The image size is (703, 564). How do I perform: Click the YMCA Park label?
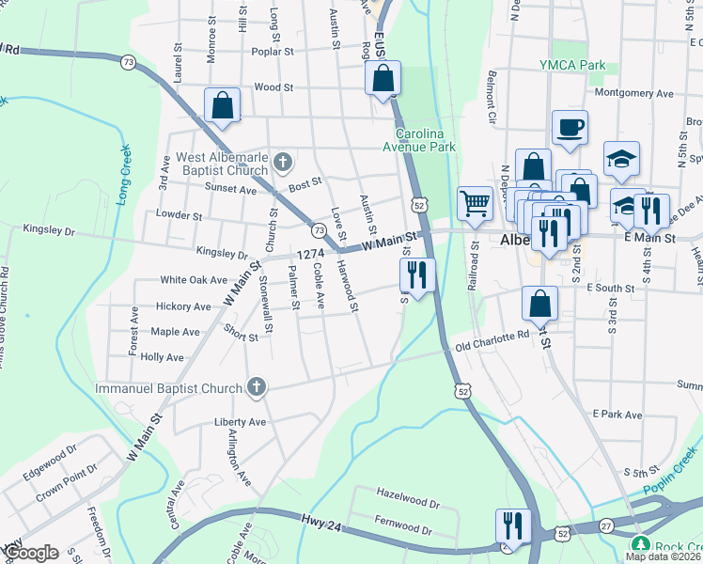[573, 65]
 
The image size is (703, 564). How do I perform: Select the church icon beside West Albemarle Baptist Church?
[281, 164]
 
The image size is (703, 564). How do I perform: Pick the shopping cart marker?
[476, 202]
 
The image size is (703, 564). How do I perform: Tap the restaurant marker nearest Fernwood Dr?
[512, 524]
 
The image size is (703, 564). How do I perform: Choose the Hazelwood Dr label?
[407, 492]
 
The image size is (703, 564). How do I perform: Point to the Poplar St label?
[268, 52]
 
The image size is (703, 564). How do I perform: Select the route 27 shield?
[606, 527]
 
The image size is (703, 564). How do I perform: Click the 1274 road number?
[310, 254]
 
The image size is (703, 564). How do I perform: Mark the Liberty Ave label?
[241, 421]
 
